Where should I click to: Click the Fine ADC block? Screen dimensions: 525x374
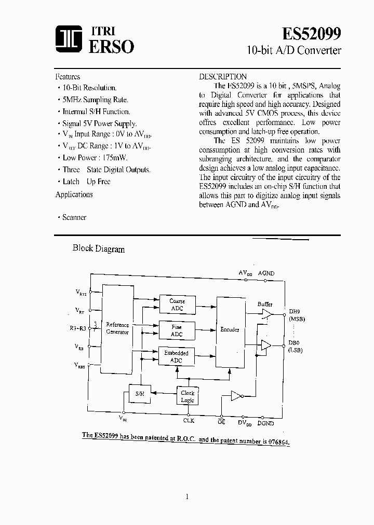(177, 331)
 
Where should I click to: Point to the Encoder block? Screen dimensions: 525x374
(230, 330)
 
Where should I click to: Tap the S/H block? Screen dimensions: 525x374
(140, 394)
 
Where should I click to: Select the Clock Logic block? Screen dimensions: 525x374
(188, 397)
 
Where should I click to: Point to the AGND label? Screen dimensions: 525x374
(266, 273)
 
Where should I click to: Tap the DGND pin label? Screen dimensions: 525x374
(265, 423)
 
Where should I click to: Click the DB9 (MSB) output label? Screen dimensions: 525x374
(296, 316)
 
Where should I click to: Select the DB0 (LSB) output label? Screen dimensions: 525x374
(296, 347)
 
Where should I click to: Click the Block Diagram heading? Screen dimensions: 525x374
(98, 248)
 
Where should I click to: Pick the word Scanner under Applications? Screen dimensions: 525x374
(74, 218)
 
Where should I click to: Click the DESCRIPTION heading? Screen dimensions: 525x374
(223, 77)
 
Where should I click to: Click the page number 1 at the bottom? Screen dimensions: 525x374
(186, 496)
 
